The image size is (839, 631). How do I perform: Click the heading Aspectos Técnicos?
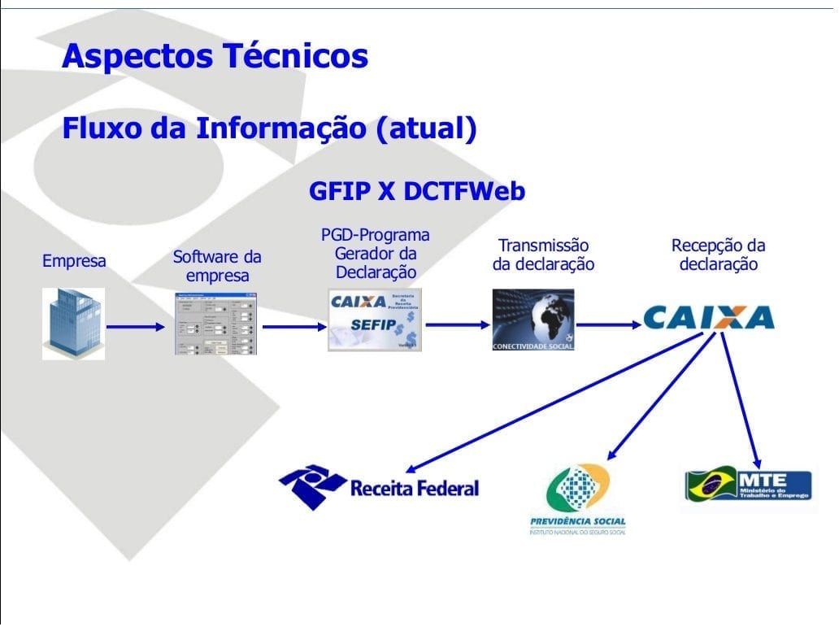click(x=215, y=56)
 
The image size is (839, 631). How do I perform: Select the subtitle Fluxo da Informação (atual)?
click(x=269, y=128)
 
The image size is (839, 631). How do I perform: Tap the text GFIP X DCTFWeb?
click(x=416, y=191)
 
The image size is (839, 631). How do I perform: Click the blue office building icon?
click(x=73, y=323)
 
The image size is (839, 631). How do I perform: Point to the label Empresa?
click(x=74, y=262)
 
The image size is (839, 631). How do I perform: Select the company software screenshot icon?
click(x=215, y=322)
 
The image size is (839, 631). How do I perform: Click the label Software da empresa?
click(x=217, y=266)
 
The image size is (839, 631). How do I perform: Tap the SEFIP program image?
click(x=375, y=320)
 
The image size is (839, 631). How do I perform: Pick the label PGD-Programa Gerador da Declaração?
click(x=376, y=253)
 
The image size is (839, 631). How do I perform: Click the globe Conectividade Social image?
click(x=533, y=320)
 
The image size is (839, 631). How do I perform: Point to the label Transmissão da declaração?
click(x=543, y=255)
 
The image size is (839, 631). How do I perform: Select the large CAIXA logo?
click(x=708, y=317)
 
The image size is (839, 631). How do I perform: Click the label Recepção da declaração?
click(x=718, y=255)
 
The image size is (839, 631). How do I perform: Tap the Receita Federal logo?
click(x=379, y=486)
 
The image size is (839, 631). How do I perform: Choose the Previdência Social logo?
click(x=577, y=499)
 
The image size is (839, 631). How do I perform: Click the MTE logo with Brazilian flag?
click(x=748, y=485)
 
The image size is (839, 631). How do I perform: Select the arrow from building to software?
click(x=135, y=327)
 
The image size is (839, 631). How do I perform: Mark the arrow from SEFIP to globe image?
click(x=458, y=324)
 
